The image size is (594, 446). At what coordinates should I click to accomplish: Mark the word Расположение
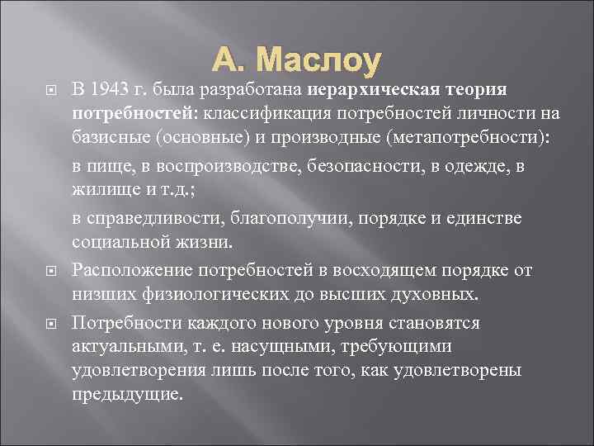pos(125,270)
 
